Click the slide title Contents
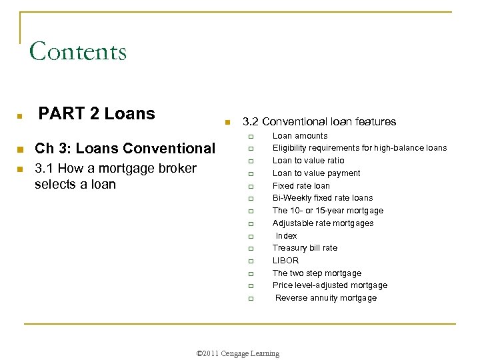(78, 51)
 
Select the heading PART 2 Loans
(97, 114)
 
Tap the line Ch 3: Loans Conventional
(125, 148)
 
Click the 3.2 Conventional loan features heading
(319, 121)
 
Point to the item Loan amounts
(300, 136)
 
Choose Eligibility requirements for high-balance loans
(359, 148)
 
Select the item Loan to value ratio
(308, 161)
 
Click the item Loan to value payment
(316, 173)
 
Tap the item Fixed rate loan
(301, 186)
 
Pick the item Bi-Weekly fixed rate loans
(322, 198)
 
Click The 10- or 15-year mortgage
(327, 211)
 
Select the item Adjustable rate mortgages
(323, 223)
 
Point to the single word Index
(287, 236)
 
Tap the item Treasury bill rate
(305, 248)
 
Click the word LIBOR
(285, 261)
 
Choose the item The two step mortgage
(317, 273)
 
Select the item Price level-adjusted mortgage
(329, 285)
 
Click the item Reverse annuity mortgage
(326, 298)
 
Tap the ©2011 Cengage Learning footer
(238, 353)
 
